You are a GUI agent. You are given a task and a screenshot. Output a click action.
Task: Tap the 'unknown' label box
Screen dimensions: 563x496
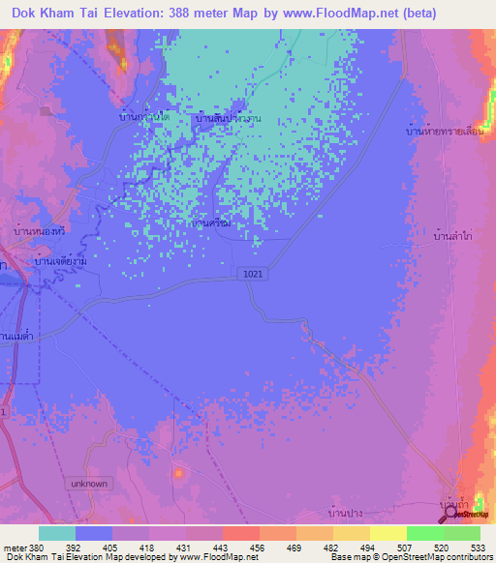92,483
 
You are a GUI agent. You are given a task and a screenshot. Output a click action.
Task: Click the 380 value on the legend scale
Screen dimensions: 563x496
26,548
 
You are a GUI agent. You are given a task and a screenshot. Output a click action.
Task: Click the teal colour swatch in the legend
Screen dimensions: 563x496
56,533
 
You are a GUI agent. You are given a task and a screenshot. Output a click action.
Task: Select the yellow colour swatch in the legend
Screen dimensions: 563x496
387,533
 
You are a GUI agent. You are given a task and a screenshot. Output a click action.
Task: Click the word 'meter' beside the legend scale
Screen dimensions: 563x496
10,548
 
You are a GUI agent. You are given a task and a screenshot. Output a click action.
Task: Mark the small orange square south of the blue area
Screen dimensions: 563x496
179,472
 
